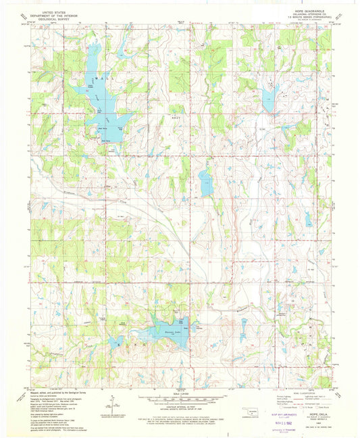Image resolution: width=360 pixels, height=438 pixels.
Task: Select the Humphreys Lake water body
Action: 165,332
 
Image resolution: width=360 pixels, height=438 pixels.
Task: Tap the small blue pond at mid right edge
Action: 309,218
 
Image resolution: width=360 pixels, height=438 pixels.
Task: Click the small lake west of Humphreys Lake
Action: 117,341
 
